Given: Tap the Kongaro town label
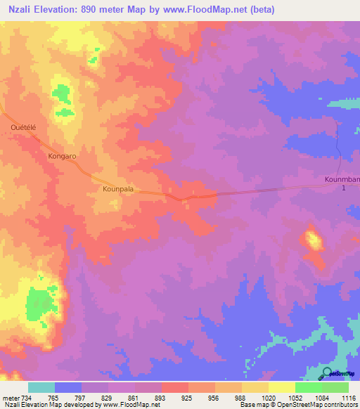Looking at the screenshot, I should point(62,156).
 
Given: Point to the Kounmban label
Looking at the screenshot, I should point(342,180).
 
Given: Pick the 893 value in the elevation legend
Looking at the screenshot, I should point(161,398).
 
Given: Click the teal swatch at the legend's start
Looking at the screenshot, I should point(41,387).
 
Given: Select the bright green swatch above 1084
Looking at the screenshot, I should point(308,387).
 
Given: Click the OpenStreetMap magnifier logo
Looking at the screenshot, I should point(326,372).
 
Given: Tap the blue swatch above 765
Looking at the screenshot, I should point(68,387).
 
